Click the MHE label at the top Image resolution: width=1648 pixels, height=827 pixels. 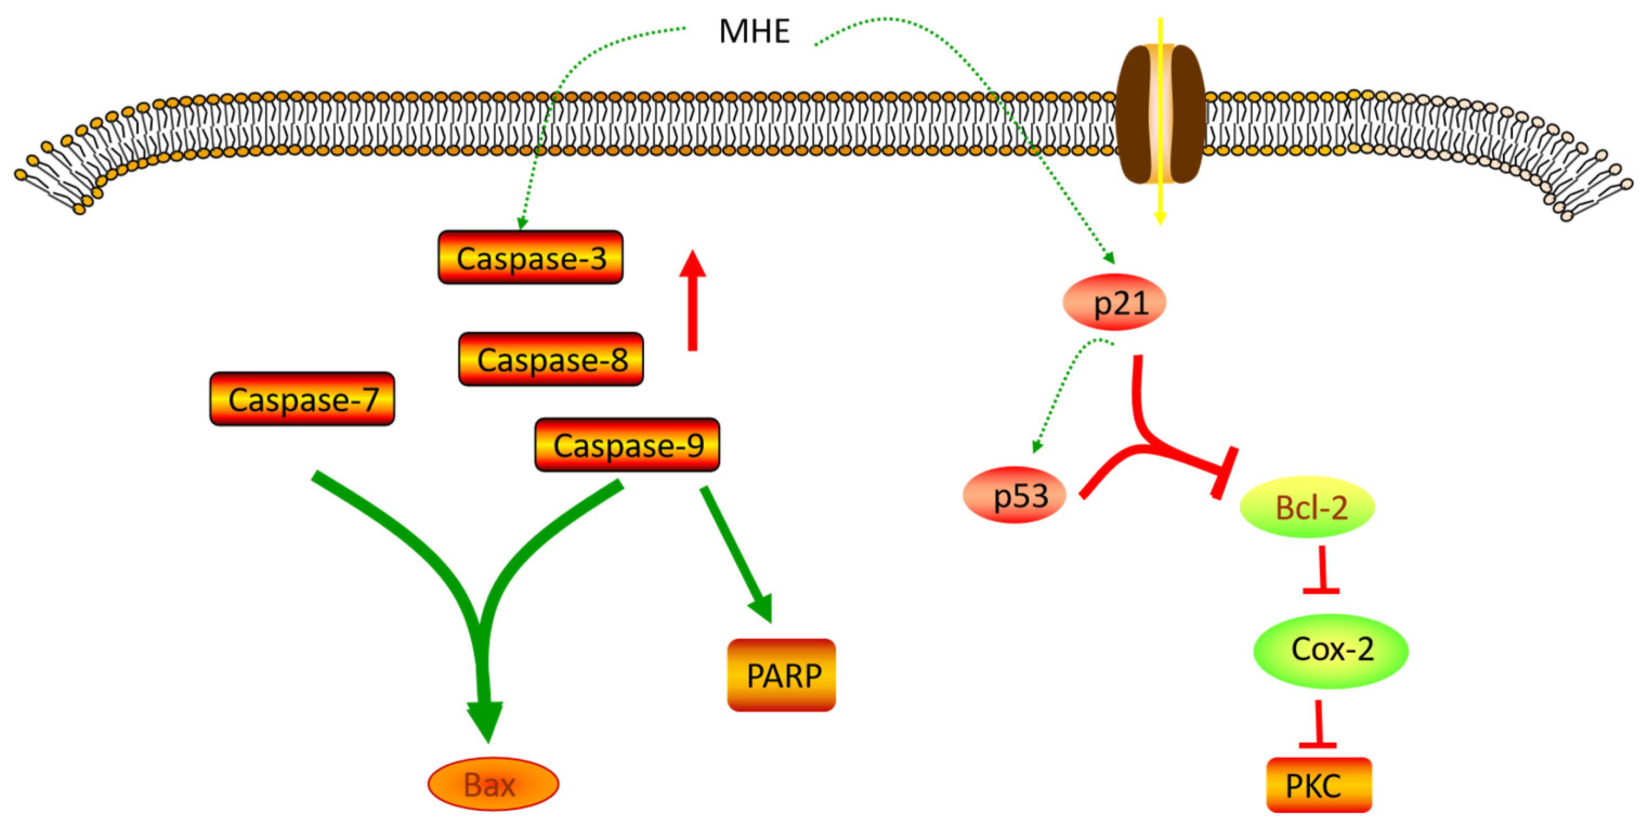tap(754, 31)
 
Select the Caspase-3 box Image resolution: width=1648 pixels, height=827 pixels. tap(531, 258)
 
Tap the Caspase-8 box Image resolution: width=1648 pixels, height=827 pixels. tap(551, 359)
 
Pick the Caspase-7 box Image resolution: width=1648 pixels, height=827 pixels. tap(302, 399)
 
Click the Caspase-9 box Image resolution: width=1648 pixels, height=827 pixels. tap(627, 445)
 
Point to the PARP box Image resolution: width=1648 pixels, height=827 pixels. tap(782, 675)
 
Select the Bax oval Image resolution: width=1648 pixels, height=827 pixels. tap(493, 784)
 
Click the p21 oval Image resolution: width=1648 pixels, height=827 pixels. tap(1114, 302)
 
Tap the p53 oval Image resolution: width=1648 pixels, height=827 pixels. tap(1015, 495)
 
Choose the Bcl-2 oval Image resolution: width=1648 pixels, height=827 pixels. tap(1307, 507)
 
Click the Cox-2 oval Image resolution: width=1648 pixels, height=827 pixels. tap(1331, 650)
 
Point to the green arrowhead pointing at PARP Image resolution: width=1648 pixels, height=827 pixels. tap(761, 608)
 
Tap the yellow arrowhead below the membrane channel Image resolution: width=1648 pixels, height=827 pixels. tap(1160, 218)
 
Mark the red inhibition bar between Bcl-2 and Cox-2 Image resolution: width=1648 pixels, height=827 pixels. tap(1322, 591)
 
